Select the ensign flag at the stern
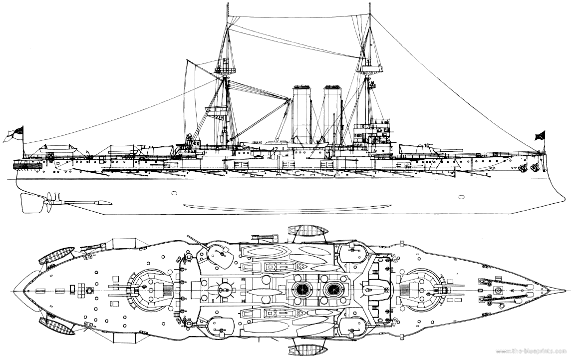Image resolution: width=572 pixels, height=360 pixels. coord(14,132)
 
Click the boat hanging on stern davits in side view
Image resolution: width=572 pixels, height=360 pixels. coord(57,149)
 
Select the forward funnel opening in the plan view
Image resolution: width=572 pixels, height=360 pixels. coord(332,290)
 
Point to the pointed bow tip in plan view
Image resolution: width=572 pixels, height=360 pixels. coord(564,289)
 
